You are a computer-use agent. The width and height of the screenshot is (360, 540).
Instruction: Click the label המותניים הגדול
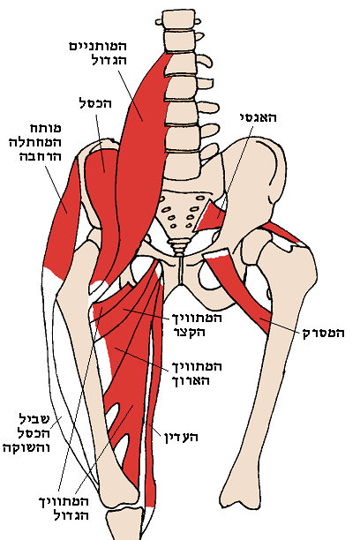(x=98, y=53)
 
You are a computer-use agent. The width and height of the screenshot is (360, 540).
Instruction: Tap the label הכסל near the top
(x=96, y=103)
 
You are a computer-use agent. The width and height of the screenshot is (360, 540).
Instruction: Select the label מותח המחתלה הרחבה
(x=35, y=142)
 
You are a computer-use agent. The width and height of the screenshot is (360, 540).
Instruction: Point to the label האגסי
(x=258, y=117)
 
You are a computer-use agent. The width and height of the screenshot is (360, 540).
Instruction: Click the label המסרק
(x=324, y=333)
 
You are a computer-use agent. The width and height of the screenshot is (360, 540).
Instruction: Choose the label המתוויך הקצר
(x=197, y=325)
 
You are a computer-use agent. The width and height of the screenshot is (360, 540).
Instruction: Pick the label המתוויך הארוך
(x=197, y=373)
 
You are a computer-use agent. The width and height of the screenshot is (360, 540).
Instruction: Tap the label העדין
(x=181, y=438)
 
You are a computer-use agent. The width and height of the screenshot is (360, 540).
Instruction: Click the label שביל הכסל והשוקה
(x=26, y=433)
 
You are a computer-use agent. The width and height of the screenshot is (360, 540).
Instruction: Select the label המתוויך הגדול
(x=64, y=507)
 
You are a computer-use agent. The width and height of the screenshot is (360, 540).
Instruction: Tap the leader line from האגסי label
(x=235, y=172)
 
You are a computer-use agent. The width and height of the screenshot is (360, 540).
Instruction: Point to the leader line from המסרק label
(x=280, y=326)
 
